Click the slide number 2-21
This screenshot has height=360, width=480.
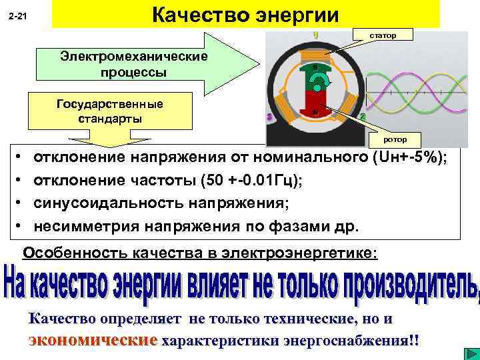[17, 15]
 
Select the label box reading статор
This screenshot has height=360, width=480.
[383, 34]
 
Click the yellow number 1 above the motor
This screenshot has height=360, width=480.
[315, 34]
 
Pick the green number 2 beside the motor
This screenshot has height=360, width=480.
[363, 117]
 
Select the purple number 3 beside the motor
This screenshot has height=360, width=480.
[270, 117]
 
